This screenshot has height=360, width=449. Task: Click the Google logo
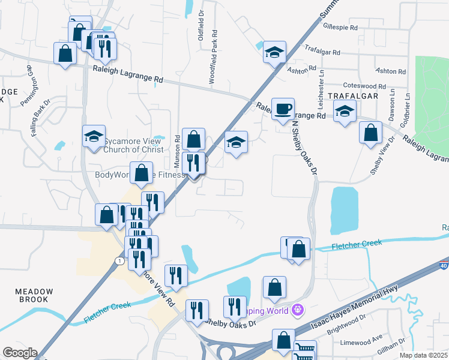click(20, 353)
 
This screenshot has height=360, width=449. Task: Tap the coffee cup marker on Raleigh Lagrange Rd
click(283, 109)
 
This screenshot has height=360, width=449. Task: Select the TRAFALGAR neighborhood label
click(352, 96)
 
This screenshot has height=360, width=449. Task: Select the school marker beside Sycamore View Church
click(94, 136)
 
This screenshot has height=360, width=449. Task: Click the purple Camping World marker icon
click(297, 310)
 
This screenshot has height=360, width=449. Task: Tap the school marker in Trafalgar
click(345, 110)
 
